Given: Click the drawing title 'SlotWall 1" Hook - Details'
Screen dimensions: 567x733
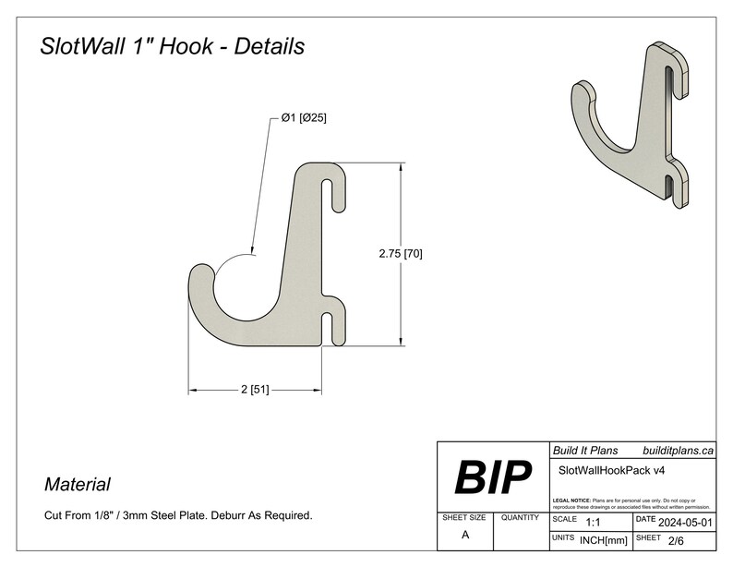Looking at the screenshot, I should point(173,46).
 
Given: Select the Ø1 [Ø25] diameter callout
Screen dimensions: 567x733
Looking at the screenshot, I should point(305,118).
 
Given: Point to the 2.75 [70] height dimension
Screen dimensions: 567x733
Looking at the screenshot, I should point(401,253).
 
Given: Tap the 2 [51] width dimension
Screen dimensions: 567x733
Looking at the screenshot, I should point(254,390).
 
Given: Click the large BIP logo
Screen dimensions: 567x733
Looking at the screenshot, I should point(493,477).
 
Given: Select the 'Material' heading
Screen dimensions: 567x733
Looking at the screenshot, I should point(78,484).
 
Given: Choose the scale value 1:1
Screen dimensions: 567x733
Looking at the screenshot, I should point(591,523).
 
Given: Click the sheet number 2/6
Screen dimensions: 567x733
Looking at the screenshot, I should point(677,539).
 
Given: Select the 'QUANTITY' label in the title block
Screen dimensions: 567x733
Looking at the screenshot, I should point(521,518).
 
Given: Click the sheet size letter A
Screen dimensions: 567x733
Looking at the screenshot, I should point(464,536).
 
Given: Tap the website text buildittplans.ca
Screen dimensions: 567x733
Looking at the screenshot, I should point(678,451).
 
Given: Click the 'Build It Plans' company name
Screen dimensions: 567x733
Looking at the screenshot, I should point(585,451).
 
